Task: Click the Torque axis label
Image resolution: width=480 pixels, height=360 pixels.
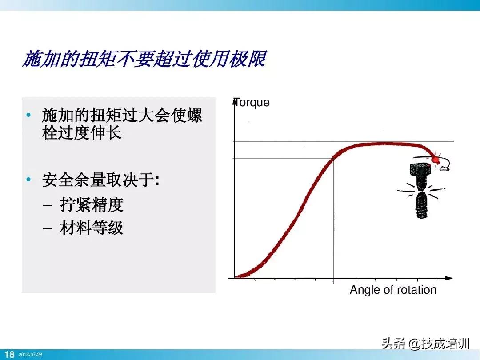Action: [x=252, y=102]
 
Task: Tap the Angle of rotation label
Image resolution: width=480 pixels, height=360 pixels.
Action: [x=393, y=290]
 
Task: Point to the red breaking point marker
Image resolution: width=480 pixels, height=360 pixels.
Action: [x=436, y=159]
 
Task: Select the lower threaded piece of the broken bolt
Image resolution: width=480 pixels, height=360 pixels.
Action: [x=420, y=205]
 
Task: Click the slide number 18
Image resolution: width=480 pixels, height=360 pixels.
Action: [x=9, y=355]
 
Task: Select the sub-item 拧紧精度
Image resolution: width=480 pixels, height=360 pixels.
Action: [x=92, y=204]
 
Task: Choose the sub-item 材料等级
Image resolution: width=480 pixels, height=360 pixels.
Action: [x=92, y=228]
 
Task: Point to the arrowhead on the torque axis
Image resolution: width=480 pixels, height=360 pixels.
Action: [x=234, y=100]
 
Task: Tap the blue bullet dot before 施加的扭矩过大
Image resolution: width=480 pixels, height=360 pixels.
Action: [x=29, y=115]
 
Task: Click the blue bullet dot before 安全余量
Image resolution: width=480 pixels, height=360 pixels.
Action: [x=29, y=180]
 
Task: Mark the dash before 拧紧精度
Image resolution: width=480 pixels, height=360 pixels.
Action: [x=48, y=205]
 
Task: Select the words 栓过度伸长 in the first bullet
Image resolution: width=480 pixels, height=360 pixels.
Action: [x=82, y=133]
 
